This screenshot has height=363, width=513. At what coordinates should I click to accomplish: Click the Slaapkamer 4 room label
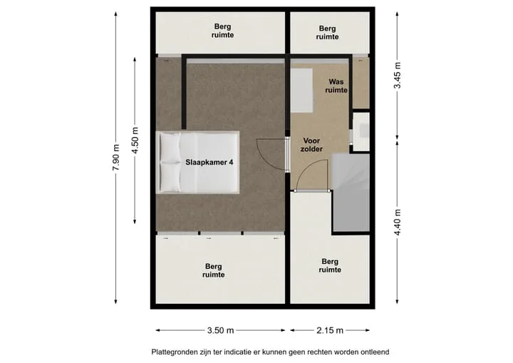[209, 162]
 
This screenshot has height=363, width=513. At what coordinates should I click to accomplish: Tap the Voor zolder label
[311, 145]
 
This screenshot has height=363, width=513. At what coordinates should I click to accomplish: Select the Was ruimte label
[336, 86]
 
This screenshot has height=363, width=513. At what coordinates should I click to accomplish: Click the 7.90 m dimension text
[116, 158]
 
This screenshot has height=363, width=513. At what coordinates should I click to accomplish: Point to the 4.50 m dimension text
[135, 140]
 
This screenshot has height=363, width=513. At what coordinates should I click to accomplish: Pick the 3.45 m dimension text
[397, 76]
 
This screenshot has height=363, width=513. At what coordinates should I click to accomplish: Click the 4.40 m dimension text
[397, 222]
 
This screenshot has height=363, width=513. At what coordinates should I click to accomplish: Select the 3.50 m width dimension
[220, 330]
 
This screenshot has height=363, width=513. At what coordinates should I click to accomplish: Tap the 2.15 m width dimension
[330, 330]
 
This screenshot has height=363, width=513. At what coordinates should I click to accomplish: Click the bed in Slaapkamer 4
[197, 163]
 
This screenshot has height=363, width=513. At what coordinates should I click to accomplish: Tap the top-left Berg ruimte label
[222, 31]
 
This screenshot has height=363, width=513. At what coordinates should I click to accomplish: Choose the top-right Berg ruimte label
[327, 32]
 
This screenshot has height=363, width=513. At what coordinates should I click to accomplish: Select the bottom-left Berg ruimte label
[213, 270]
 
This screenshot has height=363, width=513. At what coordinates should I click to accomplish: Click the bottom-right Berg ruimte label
[330, 266]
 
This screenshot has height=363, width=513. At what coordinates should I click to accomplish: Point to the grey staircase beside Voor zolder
[351, 193]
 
